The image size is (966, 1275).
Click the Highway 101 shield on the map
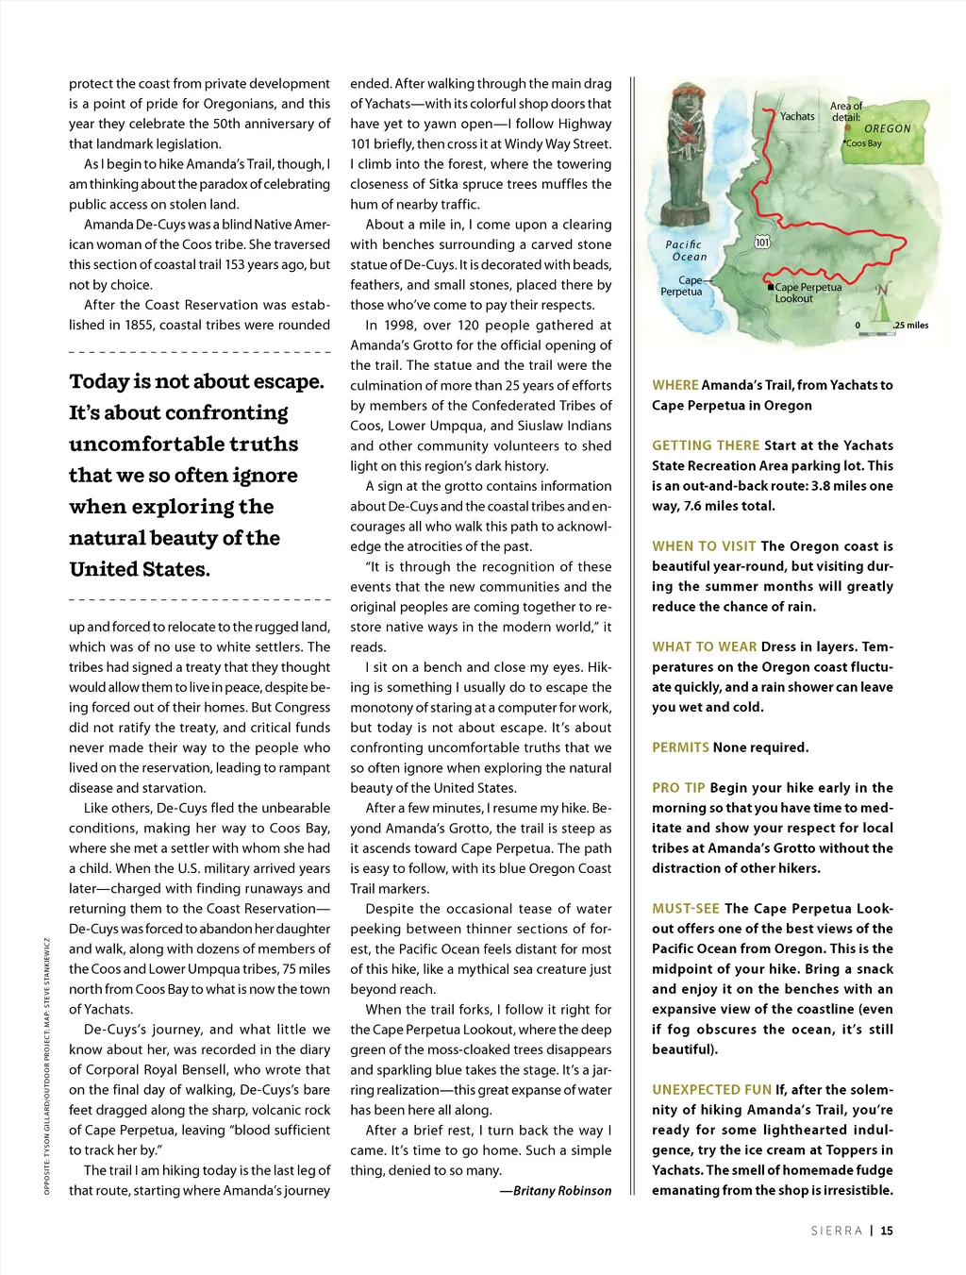[762, 243]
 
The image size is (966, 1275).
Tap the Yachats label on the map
[797, 117]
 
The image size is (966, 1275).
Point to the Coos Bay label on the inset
[863, 143]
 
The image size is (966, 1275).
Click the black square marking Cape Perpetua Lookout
[771, 287]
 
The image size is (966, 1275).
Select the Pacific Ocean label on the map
[686, 250]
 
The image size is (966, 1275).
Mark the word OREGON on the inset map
[888, 128]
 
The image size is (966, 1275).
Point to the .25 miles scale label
[911, 326]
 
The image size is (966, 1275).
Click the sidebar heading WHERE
[675, 385]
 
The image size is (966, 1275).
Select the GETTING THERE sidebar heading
[706, 445]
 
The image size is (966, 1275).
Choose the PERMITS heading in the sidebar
[680, 747]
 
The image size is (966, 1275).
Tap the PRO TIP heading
[678, 788]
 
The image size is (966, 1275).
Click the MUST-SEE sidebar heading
[686, 909]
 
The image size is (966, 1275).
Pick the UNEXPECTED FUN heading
[712, 1090]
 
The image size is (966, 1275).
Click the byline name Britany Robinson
[561, 1191]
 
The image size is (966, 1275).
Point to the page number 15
[887, 1231]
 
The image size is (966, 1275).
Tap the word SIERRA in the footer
[837, 1231]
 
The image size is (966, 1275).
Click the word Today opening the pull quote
[99, 381]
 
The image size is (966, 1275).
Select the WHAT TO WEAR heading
[705, 647]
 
